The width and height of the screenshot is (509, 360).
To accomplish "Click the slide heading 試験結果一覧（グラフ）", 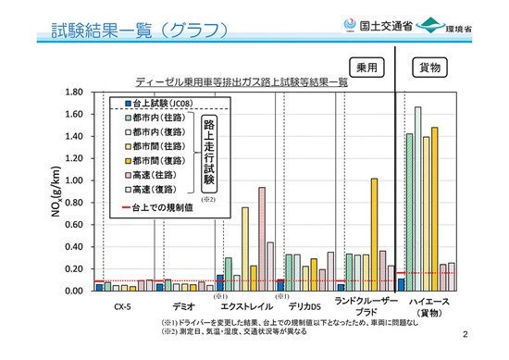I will coord(139,31).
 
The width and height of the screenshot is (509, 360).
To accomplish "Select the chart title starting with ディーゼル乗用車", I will coord(241,81).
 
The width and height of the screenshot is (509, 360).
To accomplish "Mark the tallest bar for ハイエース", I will coord(417,199).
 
